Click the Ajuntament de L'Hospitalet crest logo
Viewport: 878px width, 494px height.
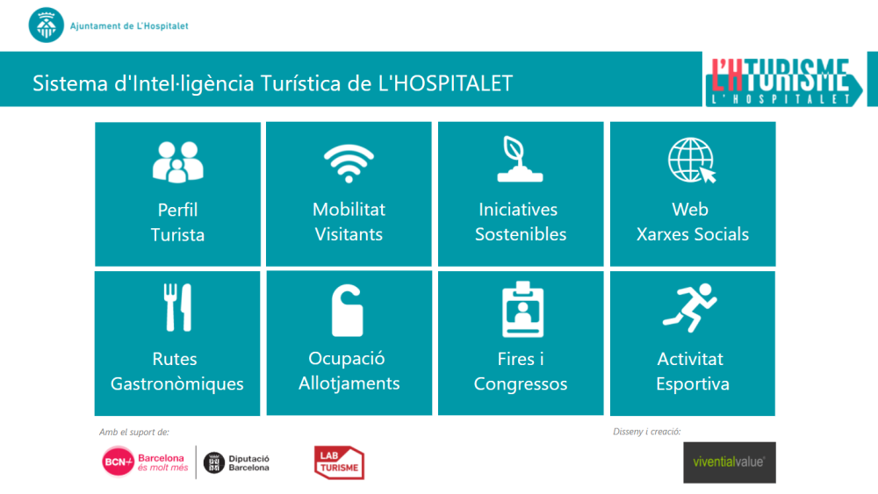click(x=46, y=25)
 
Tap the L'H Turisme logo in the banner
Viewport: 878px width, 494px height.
click(x=784, y=81)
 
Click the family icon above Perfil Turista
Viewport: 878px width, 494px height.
click(x=177, y=162)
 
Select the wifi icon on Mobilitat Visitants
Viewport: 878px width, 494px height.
click(x=349, y=163)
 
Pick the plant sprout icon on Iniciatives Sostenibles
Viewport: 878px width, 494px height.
click(x=520, y=160)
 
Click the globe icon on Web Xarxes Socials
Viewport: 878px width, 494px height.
click(x=692, y=161)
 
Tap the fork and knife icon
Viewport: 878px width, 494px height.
click(x=177, y=307)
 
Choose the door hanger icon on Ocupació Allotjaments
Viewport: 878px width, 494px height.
click(x=347, y=311)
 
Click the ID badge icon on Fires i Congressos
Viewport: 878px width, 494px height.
click(x=522, y=310)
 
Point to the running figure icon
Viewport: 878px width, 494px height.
click(x=690, y=308)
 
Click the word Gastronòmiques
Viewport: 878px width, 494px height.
click(x=177, y=383)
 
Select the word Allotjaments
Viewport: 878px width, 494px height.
click(x=349, y=383)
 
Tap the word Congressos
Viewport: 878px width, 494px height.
click(x=520, y=383)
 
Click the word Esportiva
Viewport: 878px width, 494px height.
click(x=693, y=383)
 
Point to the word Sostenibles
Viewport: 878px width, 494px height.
click(x=521, y=234)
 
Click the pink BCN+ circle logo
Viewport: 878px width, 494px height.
click(x=118, y=462)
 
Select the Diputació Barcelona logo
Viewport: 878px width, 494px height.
click(x=236, y=462)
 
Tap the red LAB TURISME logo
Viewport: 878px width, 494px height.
click(x=339, y=462)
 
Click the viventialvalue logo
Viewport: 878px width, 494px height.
click(x=729, y=462)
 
